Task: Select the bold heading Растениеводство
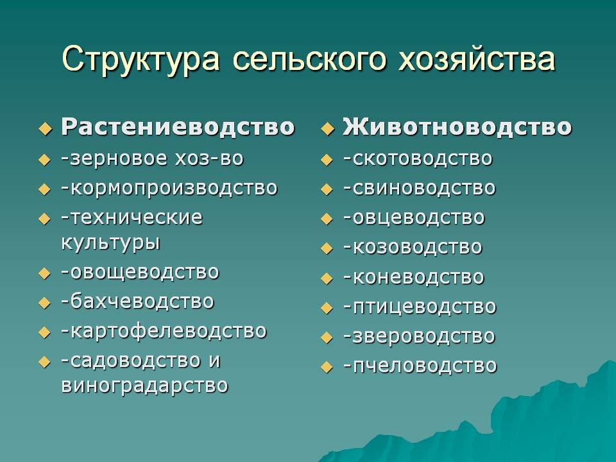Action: click(178, 126)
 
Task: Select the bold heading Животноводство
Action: click(457, 126)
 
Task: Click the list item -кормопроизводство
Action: click(169, 188)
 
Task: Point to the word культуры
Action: click(110, 243)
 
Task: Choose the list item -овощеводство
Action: click(140, 272)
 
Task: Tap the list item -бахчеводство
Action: click(137, 301)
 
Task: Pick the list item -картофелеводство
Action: click(164, 331)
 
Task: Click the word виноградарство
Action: click(144, 386)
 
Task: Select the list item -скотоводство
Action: click(418, 158)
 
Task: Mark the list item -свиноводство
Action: click(419, 188)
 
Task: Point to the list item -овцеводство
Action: click(414, 218)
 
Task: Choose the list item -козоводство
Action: click(412, 247)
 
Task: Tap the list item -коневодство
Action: click(413, 277)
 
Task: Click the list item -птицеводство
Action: click(420, 307)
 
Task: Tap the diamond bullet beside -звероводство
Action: click(327, 338)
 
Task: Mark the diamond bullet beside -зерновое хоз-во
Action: click(44, 160)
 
